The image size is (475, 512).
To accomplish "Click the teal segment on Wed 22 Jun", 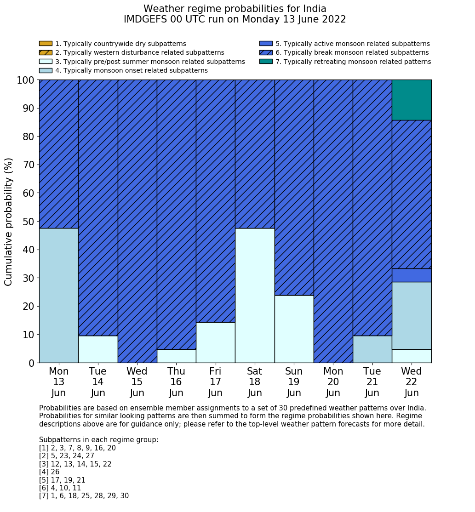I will click(x=412, y=100).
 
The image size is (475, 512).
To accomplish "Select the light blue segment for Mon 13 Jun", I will click(x=58, y=295).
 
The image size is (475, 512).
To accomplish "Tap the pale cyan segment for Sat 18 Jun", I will click(x=255, y=295).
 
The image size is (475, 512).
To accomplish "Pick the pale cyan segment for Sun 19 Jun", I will click(x=294, y=329).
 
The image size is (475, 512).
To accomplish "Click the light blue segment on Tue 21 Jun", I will click(x=372, y=349).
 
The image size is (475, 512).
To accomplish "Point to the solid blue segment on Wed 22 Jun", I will click(x=412, y=275).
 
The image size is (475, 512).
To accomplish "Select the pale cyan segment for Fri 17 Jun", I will click(x=215, y=342).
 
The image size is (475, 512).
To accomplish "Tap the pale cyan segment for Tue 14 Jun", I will click(x=98, y=349).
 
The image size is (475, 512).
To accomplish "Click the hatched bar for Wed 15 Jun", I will click(x=137, y=221).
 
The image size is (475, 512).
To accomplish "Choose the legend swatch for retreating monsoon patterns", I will click(x=266, y=62).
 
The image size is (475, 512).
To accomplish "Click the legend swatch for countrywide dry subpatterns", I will click(x=46, y=44).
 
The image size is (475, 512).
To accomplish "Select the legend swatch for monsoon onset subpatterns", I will click(x=46, y=70).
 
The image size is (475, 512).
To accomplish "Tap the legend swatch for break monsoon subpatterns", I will click(x=266, y=53).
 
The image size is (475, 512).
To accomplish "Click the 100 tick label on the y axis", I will click(x=26, y=80).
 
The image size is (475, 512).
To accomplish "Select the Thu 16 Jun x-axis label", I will click(x=176, y=382).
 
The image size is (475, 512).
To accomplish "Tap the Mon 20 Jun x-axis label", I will click(x=333, y=382).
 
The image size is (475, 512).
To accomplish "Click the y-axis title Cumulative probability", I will click(x=9, y=222).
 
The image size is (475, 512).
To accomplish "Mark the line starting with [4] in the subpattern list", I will click(x=49, y=472).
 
